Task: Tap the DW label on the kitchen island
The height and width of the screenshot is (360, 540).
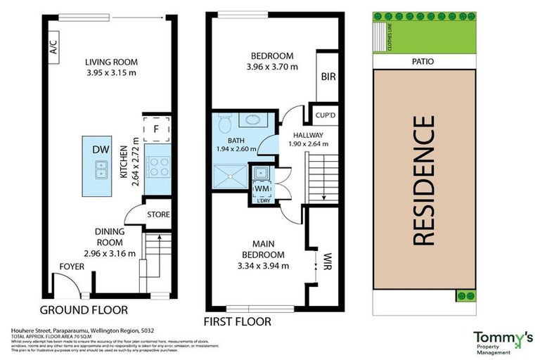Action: coord(100,148)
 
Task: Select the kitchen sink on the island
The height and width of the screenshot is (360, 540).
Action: coord(100,169)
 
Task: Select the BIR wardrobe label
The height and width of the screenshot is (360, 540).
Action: coord(327,77)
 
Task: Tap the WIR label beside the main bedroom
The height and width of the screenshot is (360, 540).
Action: coord(327,262)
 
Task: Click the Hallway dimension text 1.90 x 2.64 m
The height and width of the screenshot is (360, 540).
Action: coord(309,144)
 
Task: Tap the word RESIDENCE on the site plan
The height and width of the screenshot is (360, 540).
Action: coord(423,181)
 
